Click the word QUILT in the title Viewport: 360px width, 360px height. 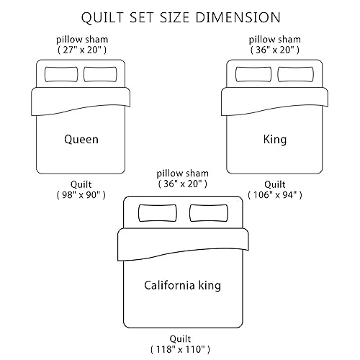[102, 17]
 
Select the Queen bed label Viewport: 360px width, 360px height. [81, 140]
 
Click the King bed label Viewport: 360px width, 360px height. [275, 140]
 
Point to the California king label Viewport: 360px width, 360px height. [182, 285]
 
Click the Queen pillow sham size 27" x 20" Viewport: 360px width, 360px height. [82, 50]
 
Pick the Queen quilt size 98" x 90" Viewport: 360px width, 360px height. [81, 195]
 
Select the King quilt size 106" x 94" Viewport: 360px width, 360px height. [275, 195]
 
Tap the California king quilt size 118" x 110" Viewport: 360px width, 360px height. [180, 349]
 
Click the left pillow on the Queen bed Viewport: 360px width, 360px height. [61, 74]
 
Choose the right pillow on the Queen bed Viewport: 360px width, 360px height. [100, 74]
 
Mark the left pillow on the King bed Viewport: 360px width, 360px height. [253, 74]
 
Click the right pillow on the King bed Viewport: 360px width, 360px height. [295, 74]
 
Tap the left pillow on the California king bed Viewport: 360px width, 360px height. [158, 213]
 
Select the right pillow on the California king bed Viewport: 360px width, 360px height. [209, 213]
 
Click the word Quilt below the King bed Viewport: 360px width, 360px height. [275, 184]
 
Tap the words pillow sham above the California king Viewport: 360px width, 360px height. [182, 174]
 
